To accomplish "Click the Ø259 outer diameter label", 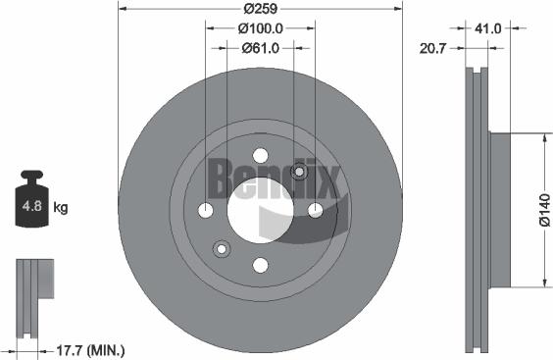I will coord(260,9).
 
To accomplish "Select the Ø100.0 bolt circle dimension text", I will coord(260,28).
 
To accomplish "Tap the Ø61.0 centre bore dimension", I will coord(260,47).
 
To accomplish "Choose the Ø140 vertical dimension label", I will coord(544,211).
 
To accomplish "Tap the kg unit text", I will coord(61,208).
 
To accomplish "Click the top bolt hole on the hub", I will coord(260,155).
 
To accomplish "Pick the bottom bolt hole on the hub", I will coord(260,265).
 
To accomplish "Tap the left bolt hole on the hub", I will coord(205,210).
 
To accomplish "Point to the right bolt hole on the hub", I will coord(315,210).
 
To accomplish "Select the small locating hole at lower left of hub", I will coord(222,249).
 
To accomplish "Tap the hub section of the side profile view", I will coord(499,211).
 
